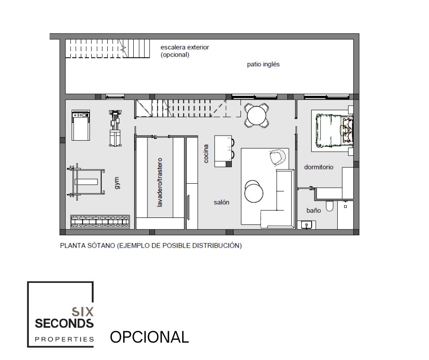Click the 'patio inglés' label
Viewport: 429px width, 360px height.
click(x=263, y=64)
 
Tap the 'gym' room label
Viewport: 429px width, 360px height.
click(x=117, y=183)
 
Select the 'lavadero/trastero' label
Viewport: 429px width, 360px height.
click(x=160, y=182)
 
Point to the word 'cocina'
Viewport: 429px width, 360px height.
click(x=206, y=154)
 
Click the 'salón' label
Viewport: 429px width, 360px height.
click(x=221, y=202)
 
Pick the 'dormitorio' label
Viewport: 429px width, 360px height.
click(x=319, y=167)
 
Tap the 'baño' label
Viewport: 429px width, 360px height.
click(x=314, y=211)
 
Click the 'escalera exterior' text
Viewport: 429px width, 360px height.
click(x=185, y=47)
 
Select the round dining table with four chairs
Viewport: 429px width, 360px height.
click(x=256, y=115)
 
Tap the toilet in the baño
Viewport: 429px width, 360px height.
click(x=330, y=206)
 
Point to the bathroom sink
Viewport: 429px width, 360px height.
click(x=307, y=225)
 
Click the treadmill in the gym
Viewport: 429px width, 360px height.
click(x=81, y=125)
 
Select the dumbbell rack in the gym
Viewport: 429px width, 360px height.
click(x=100, y=222)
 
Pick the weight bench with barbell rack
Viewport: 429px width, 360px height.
click(x=86, y=182)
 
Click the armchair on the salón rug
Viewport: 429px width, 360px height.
click(x=277, y=158)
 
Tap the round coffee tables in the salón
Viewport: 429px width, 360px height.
click(x=254, y=191)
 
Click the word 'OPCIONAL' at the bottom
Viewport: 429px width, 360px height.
click(x=149, y=337)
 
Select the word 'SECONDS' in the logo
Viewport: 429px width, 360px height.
click(x=64, y=323)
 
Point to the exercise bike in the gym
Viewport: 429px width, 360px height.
click(x=115, y=128)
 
